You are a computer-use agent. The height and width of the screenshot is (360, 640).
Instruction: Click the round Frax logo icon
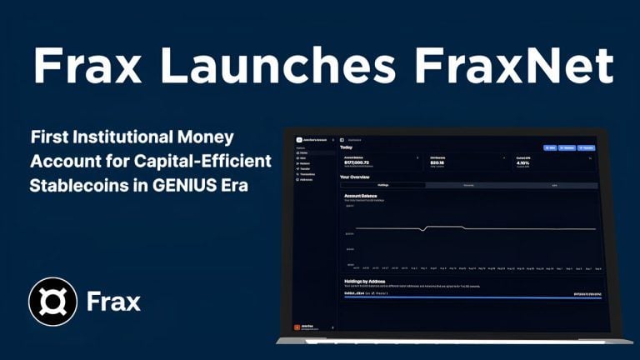pyautogui.click(x=52, y=301)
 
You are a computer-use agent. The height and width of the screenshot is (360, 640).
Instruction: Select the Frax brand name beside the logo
pyautogui.click(x=114, y=301)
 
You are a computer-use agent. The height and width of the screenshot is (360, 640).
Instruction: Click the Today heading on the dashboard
pyautogui.click(x=347, y=147)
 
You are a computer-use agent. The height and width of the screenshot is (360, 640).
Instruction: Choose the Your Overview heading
pyautogui.click(x=356, y=177)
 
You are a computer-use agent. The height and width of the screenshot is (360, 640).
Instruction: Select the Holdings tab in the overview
pyautogui.click(x=382, y=185)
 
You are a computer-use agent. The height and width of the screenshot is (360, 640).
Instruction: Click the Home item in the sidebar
pyautogui.click(x=303, y=153)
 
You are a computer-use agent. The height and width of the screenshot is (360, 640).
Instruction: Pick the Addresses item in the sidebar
pyautogui.click(x=305, y=179)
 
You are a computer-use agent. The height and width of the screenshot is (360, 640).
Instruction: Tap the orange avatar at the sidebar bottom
pyautogui.click(x=298, y=327)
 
